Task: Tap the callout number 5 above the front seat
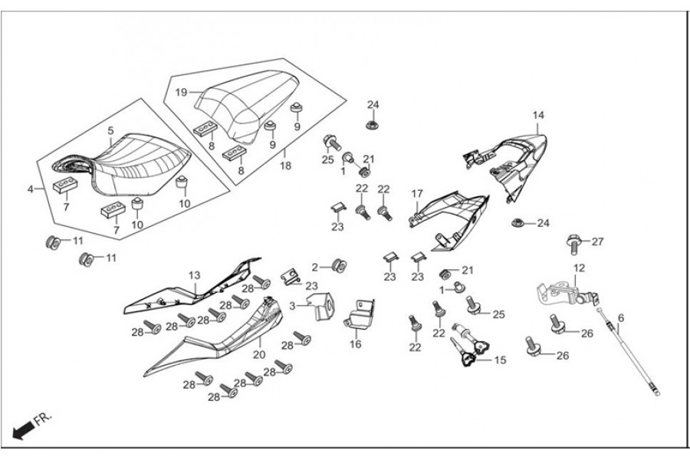110,130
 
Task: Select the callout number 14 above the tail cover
538,115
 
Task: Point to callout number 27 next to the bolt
598,242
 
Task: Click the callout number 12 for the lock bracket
579,268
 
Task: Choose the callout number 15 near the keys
501,360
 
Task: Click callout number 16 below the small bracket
356,344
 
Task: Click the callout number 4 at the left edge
31,188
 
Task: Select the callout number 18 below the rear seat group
284,165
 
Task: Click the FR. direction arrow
25,427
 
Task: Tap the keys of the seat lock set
469,356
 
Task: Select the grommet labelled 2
336,267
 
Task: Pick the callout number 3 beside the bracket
291,306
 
